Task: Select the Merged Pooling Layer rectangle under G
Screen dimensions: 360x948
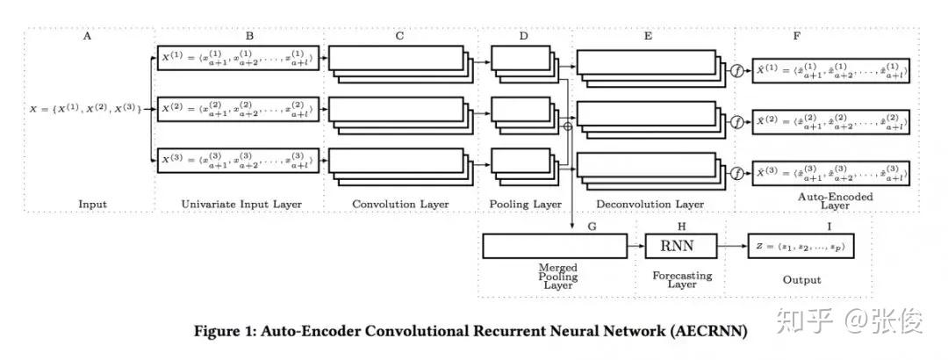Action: coord(557,246)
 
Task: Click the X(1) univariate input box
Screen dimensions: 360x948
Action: coord(240,58)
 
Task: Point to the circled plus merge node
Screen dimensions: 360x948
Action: coord(567,126)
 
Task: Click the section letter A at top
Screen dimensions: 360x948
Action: coord(88,36)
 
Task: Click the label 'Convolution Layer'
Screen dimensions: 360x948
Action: coord(400,205)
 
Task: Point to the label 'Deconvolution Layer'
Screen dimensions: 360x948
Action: coord(650,205)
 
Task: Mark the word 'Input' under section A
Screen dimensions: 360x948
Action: coord(91,205)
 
